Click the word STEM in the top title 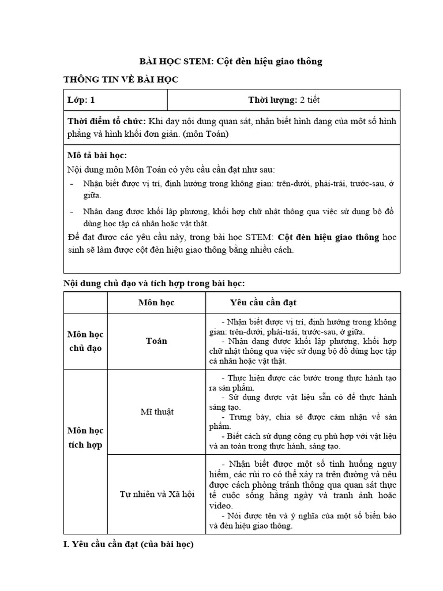point(196,62)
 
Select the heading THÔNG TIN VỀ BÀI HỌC point(121,80)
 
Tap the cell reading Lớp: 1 point(81,100)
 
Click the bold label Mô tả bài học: point(97,156)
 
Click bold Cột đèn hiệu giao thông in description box point(328,237)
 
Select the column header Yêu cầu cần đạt point(263,302)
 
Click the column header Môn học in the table point(156,302)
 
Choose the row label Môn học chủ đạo point(85,341)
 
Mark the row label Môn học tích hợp point(85,437)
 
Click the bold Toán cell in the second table point(156,341)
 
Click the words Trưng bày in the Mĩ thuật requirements point(245,417)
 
